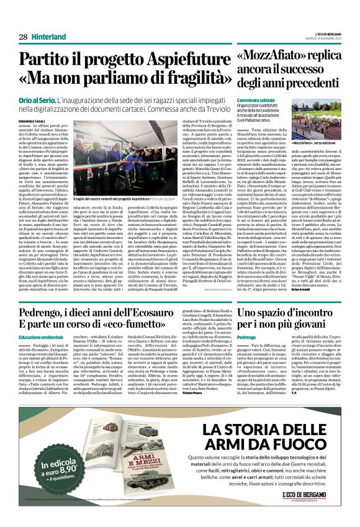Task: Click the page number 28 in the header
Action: (23, 37)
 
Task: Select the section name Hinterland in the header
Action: (52, 37)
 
